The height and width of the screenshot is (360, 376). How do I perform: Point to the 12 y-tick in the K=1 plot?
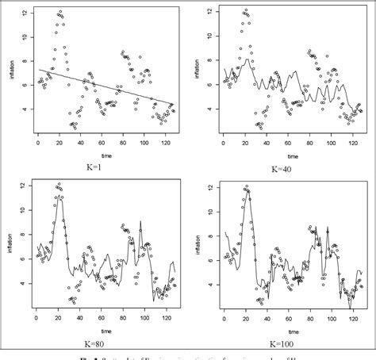[26, 14]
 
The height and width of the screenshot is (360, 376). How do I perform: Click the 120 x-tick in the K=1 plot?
[164, 144]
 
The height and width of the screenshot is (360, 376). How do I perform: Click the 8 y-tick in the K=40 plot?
[211, 60]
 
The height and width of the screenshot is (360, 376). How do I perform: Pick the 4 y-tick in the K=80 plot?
[26, 282]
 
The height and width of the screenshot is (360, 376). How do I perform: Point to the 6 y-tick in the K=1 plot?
[26, 85]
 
